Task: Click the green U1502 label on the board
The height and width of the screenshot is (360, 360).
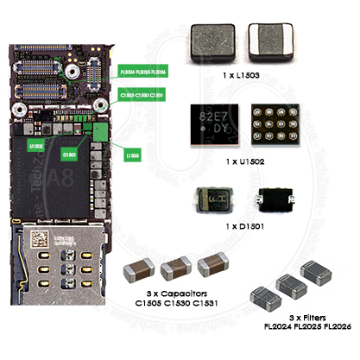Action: tap(36, 148)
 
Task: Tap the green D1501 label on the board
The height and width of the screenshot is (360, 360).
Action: tap(71, 155)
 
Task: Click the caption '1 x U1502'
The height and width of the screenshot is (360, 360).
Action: tap(242, 161)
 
